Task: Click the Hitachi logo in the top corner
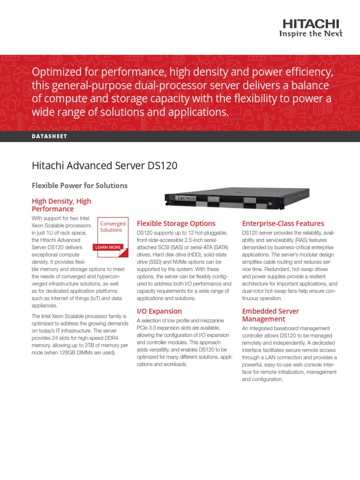click(310, 24)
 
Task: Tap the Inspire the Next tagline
click(310, 33)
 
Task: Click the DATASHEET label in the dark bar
click(49, 136)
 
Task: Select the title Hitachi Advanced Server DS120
click(104, 166)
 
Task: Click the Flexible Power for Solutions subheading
click(79, 186)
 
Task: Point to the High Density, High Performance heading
click(61, 205)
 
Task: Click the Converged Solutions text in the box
click(112, 227)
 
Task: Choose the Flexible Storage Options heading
click(176, 224)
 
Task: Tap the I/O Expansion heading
click(159, 311)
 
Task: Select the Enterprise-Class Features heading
click(283, 224)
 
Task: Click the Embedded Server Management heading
click(270, 315)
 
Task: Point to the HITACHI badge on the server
click(185, 199)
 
